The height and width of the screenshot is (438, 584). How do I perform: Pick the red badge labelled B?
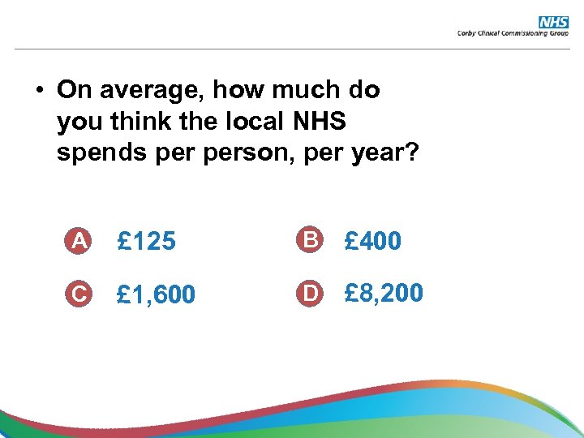tap(308, 240)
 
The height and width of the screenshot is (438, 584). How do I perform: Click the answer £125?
tap(147, 241)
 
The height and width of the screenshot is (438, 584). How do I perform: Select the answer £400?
tap(372, 241)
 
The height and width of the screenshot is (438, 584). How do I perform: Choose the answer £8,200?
tap(384, 292)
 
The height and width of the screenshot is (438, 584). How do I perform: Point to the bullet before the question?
tap(38, 91)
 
